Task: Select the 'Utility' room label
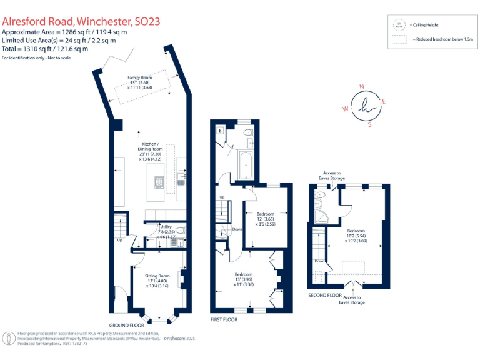coord(166,227)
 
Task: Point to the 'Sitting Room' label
coord(157,276)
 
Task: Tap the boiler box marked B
coord(221,130)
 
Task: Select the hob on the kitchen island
coord(159,182)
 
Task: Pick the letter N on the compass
coord(361,87)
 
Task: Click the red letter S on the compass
coord(369,124)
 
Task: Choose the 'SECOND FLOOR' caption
coord(325,294)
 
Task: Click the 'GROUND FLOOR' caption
coord(127,325)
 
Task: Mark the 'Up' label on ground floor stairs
coord(119,239)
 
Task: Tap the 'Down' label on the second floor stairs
coord(319,261)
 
